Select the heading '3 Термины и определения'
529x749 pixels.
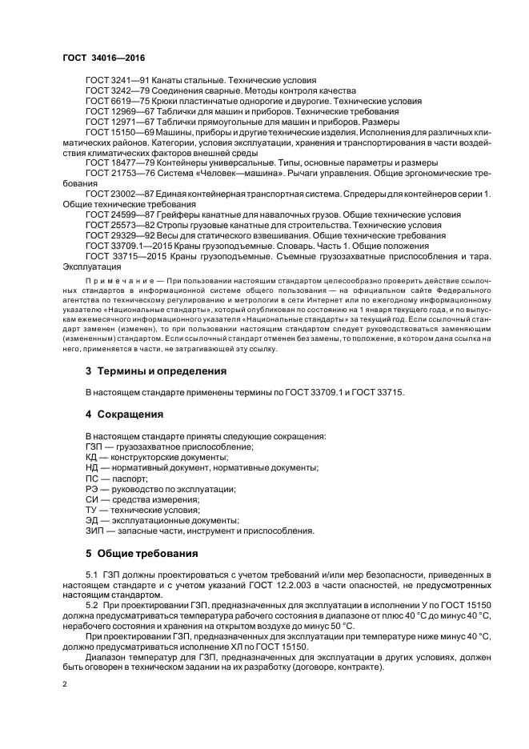(x=156, y=370)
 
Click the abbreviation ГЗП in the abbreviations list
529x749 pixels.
(x=94, y=447)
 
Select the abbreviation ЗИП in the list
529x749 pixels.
(x=94, y=531)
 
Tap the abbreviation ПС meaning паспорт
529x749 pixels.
(x=92, y=478)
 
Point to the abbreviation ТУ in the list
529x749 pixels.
(x=92, y=510)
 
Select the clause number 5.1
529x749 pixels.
(x=91, y=575)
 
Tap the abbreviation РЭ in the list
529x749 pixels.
(x=92, y=488)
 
